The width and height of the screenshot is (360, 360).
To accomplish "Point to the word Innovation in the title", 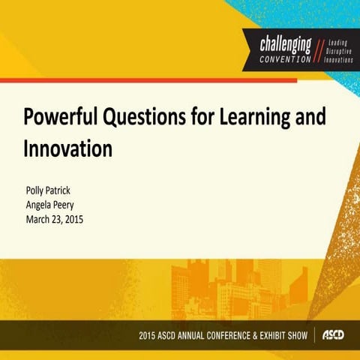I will [x=68, y=148].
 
